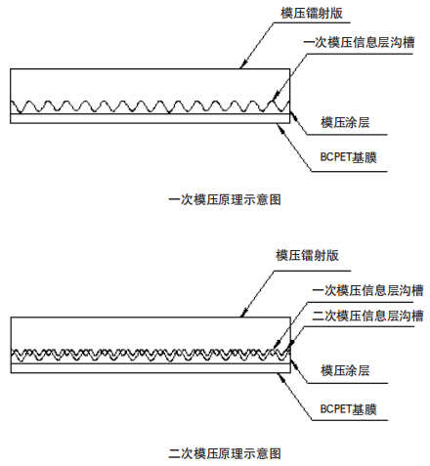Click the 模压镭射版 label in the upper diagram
(x=312, y=13)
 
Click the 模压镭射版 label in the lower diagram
(x=307, y=255)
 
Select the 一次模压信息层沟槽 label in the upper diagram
(x=359, y=42)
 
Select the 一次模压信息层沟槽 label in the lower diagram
(x=367, y=290)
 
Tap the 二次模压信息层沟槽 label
(x=367, y=316)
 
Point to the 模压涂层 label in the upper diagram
(x=345, y=122)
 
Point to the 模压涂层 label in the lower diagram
(x=345, y=370)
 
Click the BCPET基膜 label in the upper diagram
(x=348, y=157)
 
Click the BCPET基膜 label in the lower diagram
(x=348, y=409)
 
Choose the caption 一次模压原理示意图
(x=225, y=199)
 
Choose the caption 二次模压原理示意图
(x=225, y=453)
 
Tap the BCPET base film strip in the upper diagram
(x=150, y=118)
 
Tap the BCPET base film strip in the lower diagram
(x=150, y=368)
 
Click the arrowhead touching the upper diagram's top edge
(x=242, y=64)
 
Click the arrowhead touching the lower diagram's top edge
(x=243, y=313)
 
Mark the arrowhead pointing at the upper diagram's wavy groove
(x=275, y=96)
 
